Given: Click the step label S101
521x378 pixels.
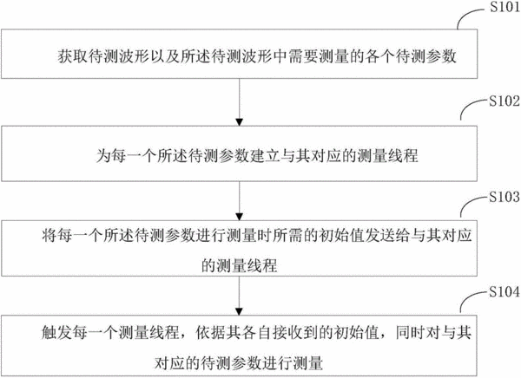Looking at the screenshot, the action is coord(505,7).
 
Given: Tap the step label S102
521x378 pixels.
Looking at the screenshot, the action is coord(505,101).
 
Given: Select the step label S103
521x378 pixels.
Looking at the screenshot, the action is coord(505,197).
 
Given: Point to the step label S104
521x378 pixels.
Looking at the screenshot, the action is coord(505,292).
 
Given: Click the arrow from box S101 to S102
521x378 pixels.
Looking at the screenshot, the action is coord(240,102).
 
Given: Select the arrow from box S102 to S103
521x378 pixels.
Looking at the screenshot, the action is coord(240,201).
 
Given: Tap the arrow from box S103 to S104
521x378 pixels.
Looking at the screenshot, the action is coord(240,296).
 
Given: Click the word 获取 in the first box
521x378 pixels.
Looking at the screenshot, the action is coord(73,56).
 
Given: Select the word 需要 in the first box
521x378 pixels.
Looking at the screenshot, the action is coord(303,56).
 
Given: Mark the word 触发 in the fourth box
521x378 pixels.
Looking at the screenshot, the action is coord(56,333).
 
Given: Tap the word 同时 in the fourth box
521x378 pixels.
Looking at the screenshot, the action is coord(411,333).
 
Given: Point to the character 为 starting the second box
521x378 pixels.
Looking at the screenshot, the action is coord(103,155).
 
